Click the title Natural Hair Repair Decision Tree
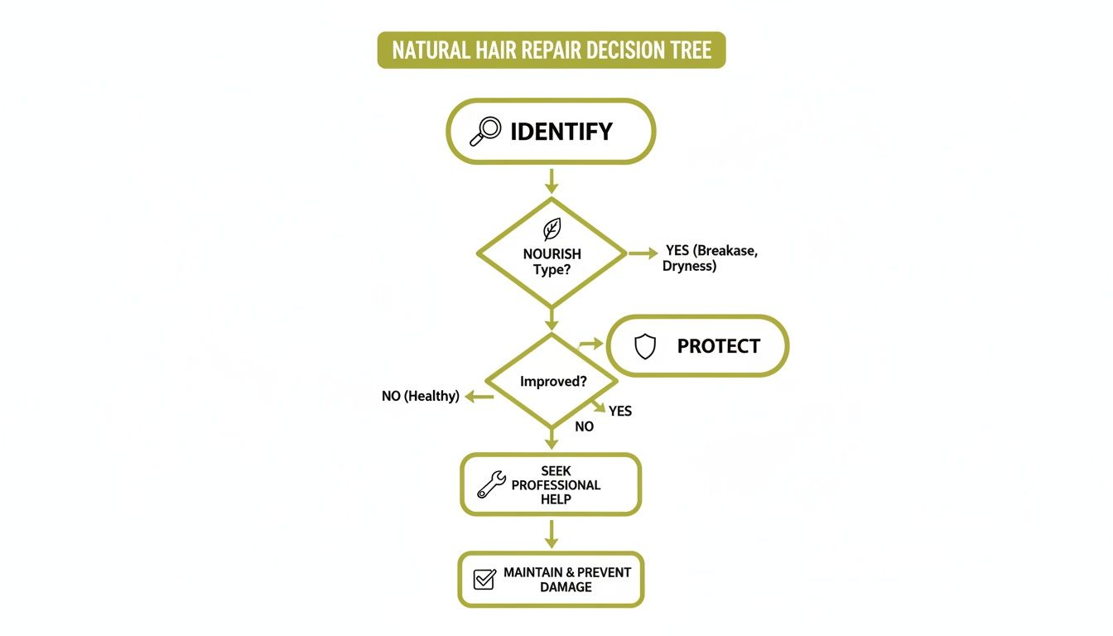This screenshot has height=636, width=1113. (552, 51)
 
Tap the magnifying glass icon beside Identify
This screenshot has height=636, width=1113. (485, 131)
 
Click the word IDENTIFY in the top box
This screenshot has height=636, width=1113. (561, 132)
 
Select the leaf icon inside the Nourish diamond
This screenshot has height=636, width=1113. (552, 229)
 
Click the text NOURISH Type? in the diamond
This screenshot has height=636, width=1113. (552, 262)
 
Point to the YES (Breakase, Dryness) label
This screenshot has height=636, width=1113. (711, 258)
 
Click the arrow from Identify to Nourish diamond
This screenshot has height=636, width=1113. (552, 180)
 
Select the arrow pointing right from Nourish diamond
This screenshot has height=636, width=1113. (643, 253)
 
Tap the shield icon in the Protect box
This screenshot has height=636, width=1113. (645, 346)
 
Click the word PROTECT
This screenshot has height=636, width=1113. (718, 346)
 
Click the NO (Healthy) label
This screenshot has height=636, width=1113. (420, 397)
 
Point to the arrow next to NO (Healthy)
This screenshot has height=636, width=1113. (479, 397)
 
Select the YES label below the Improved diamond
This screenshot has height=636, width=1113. (620, 411)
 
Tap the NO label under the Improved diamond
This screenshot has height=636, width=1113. (584, 427)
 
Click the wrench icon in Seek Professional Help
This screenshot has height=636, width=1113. (491, 484)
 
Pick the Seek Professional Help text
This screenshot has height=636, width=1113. (556, 484)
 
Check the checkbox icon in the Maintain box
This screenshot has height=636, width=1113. (484, 579)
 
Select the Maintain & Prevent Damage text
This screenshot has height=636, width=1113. (566, 579)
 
